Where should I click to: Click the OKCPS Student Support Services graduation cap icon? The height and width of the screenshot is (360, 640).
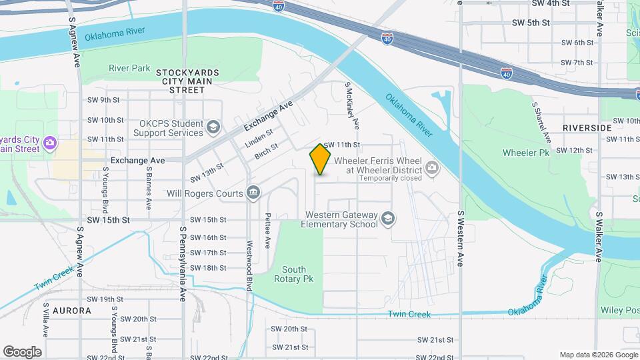[x=213, y=127]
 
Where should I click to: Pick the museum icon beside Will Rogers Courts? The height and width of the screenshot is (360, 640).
[x=253, y=193]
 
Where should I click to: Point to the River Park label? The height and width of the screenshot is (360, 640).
[x=129, y=68]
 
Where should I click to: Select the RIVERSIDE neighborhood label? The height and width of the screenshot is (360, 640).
[x=587, y=127]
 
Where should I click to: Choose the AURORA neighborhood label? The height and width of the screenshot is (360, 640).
[x=71, y=311]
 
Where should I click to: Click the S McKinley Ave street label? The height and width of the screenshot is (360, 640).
[x=351, y=105]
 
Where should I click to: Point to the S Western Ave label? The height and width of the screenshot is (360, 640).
[x=460, y=239]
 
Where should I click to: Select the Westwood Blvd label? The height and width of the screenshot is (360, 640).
[x=250, y=256]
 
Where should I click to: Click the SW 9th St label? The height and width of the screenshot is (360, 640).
[x=103, y=100]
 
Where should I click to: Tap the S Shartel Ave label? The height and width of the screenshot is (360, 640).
[x=541, y=121]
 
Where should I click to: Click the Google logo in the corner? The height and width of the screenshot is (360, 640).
[x=22, y=351]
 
